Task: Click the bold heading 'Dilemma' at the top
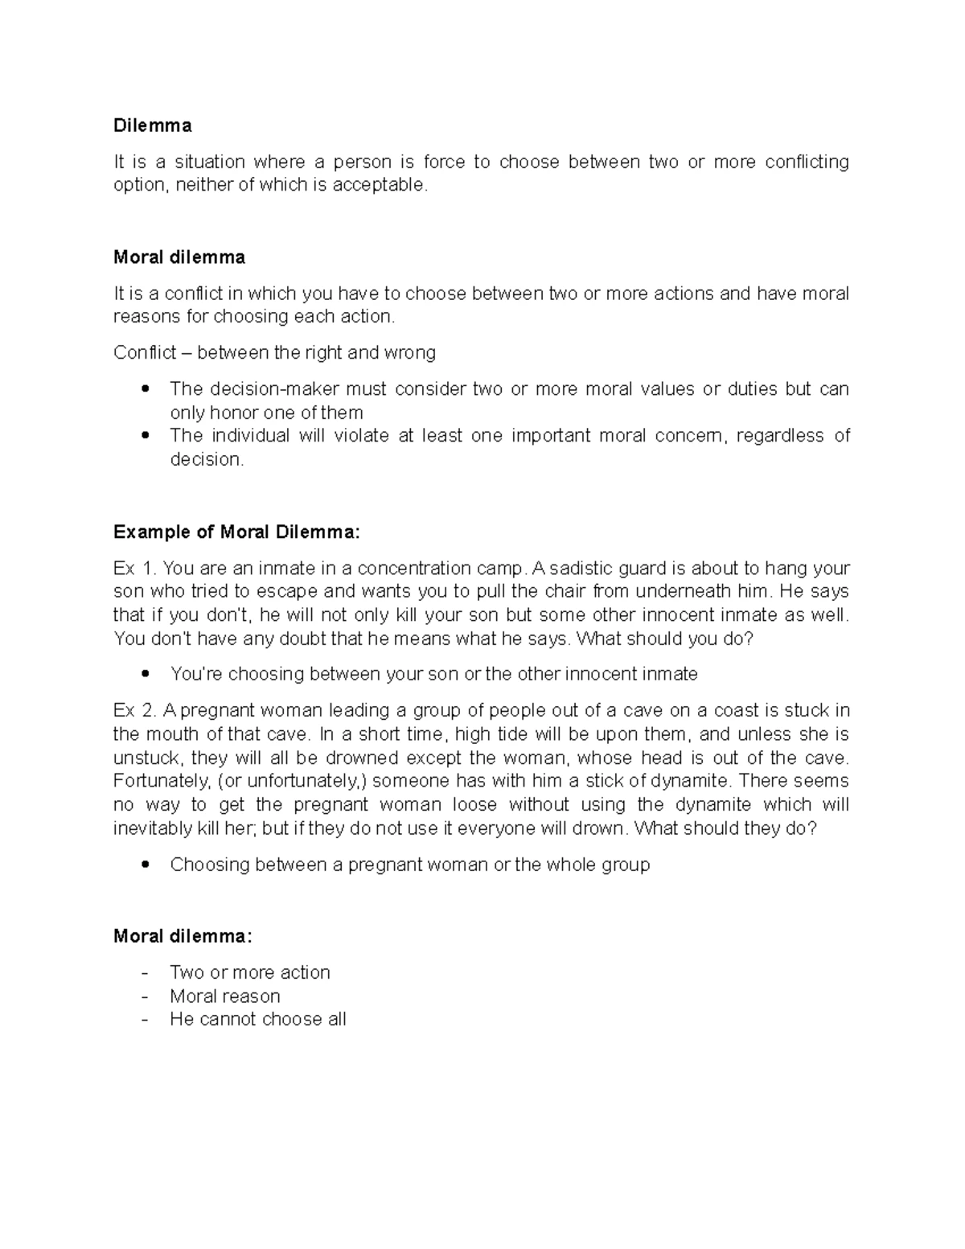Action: pos(153,125)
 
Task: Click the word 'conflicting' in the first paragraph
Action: pos(807,162)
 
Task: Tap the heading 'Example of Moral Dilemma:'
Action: pos(237,532)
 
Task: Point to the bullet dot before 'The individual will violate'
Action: pos(145,436)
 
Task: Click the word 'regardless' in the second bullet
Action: pos(781,436)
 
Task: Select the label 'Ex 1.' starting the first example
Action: pos(134,569)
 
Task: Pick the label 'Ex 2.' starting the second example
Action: pos(134,711)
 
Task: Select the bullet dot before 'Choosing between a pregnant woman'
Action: pos(145,865)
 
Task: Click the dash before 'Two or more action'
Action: pos(145,973)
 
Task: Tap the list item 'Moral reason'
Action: pos(225,996)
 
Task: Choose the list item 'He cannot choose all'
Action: pos(258,1020)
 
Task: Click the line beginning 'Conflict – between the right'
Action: pos(274,352)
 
